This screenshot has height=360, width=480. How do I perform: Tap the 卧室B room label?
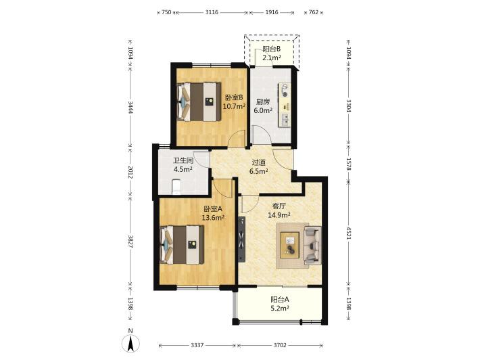click(x=234, y=97)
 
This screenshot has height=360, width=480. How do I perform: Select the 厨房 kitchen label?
click(x=263, y=102)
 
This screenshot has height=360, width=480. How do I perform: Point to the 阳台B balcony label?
click(x=272, y=49)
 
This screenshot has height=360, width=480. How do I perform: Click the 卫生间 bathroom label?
click(x=183, y=160)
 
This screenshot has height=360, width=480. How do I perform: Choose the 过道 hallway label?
click(x=258, y=162)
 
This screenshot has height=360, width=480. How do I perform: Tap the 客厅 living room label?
click(x=279, y=206)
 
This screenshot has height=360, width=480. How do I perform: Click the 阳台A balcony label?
click(x=279, y=299)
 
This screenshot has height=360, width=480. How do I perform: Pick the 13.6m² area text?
click(x=213, y=217)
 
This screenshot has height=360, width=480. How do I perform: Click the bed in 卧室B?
click(x=199, y=102)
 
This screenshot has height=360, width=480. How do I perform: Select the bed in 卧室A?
click(x=182, y=244)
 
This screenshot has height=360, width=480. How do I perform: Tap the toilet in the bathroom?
click(x=176, y=187)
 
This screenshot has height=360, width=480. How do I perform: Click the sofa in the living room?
click(x=312, y=245)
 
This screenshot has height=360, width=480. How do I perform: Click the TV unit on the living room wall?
click(x=242, y=240)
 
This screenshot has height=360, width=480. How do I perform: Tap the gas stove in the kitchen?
click(x=284, y=91)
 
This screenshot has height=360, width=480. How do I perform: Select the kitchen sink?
click(x=285, y=120)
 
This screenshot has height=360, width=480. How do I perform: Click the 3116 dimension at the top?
click(x=212, y=12)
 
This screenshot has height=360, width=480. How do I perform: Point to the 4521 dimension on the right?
click(x=348, y=233)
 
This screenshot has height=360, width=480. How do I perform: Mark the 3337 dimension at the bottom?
click(x=197, y=345)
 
